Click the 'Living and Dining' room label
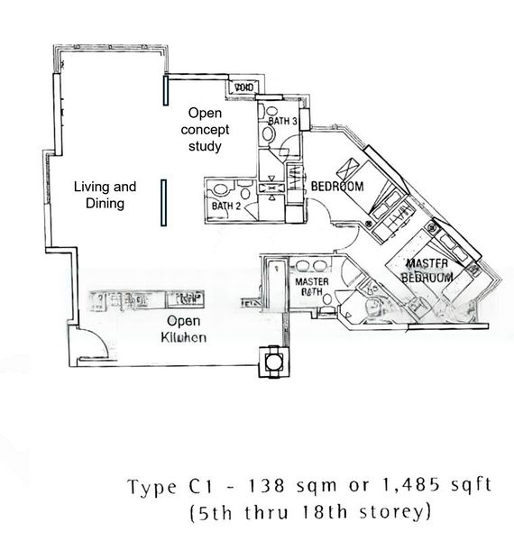(x=105, y=195)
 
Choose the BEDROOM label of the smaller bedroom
(x=337, y=187)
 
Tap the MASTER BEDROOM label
(x=427, y=270)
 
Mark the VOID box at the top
(x=242, y=87)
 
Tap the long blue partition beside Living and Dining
(x=163, y=204)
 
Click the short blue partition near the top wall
(x=165, y=91)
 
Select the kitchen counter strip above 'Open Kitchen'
(x=144, y=298)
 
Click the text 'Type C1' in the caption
(x=161, y=487)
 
